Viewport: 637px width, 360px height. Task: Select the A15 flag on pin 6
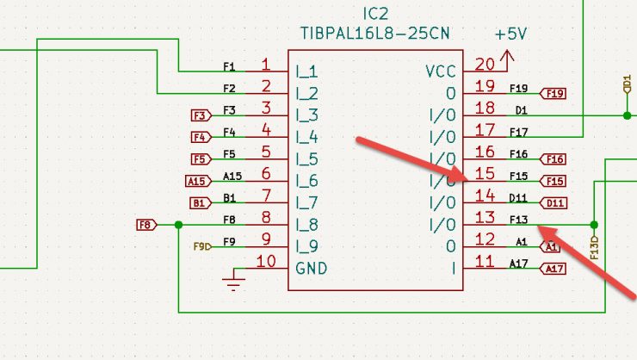coord(197,181)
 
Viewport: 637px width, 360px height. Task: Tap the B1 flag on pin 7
coord(199,203)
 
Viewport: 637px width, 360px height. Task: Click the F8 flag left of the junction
coord(146,225)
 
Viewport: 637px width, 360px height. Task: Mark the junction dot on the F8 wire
coord(178,225)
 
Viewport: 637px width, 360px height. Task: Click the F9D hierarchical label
coord(201,247)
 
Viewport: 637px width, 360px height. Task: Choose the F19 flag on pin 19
coord(553,93)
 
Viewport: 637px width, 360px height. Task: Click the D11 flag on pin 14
coord(553,203)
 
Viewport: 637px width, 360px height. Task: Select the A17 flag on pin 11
coord(553,270)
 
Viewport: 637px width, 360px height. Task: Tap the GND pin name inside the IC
coord(311,268)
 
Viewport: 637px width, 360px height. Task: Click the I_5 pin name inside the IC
coord(307,159)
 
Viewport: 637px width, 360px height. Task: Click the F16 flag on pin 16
coord(553,158)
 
